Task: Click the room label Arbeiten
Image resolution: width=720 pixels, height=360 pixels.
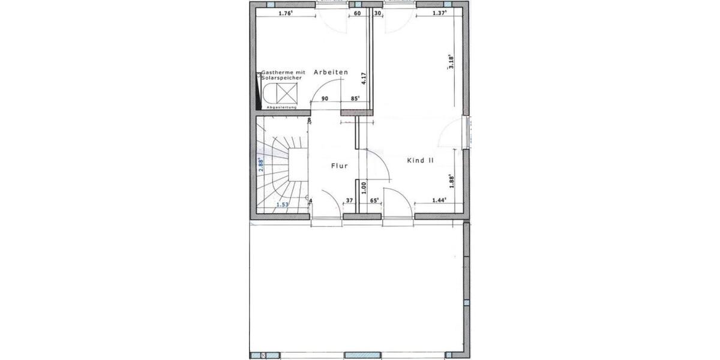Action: pos(330,72)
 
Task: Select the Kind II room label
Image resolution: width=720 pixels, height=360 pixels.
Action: pos(420,160)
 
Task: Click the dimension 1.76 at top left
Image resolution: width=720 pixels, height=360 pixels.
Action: pos(286,13)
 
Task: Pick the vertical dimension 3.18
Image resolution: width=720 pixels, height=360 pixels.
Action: pos(451,62)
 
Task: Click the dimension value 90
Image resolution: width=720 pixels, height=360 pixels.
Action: pos(325,98)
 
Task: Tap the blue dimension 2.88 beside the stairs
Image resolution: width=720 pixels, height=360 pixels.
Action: pos(261,165)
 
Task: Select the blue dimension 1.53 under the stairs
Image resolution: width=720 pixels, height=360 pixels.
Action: pos(283,205)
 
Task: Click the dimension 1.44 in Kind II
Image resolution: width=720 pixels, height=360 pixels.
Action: pos(439,200)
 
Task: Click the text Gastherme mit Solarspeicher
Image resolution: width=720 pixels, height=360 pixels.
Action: pos(281,75)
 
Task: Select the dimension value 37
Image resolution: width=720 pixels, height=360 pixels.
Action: pos(349,200)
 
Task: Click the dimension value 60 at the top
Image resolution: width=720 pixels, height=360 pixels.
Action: pos(357,13)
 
